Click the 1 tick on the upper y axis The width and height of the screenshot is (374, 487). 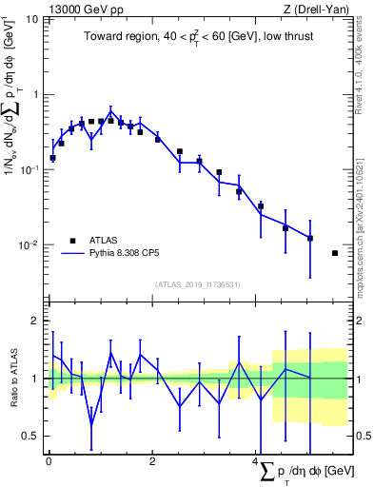tap(37, 94)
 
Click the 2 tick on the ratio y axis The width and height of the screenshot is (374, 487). tap(38, 321)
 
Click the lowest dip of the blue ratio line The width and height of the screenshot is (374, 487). tap(91, 423)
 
